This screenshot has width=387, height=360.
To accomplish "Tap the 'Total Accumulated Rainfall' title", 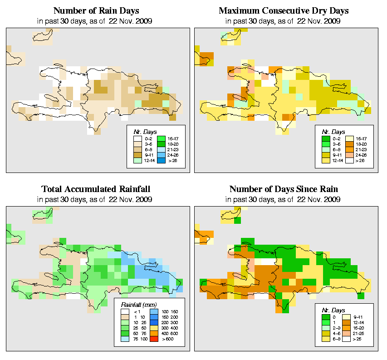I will pos(96,189).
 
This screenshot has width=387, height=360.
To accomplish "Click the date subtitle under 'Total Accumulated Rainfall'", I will pos(96,199).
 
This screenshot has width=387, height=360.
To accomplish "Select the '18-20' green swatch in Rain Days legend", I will pos(161,143).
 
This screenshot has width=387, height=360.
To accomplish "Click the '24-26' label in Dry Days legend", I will pos(360,155).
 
